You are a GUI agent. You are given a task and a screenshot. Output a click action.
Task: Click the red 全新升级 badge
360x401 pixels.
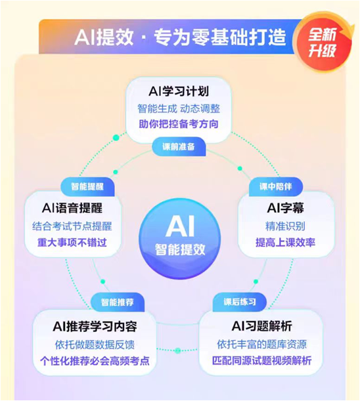[323, 43]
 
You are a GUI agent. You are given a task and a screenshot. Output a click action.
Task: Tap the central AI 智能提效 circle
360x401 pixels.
[180, 238]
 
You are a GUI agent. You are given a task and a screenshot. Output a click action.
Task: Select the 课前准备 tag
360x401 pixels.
[179, 146]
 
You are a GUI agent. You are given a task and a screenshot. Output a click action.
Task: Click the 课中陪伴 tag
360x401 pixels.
[276, 186]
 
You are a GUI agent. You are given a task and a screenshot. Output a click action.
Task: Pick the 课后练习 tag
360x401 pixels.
[239, 302]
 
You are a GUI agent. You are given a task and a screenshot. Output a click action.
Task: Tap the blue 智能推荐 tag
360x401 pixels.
[118, 303]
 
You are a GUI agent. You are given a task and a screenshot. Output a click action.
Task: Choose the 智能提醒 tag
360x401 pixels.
[87, 186]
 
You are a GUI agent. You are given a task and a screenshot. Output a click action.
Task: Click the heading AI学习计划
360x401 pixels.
[179, 91]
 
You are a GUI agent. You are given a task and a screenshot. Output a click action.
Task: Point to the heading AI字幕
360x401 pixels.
[286, 207]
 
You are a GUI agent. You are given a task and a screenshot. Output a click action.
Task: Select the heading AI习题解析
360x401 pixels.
[261, 326]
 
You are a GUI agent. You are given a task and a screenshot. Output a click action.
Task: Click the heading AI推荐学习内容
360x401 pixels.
[95, 326]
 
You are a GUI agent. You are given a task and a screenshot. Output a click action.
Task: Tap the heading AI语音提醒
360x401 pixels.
[72, 208]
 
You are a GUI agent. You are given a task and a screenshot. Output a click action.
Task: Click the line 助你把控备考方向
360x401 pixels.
[179, 124]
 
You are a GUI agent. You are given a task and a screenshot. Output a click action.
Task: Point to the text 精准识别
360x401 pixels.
[285, 226]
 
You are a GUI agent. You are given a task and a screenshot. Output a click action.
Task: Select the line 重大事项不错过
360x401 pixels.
[72, 242]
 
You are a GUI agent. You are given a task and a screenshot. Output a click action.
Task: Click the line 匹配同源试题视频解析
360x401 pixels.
[261, 360]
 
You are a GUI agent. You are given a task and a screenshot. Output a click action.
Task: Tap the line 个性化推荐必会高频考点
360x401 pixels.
[95, 361]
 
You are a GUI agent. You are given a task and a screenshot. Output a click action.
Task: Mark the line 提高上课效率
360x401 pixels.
[285, 242]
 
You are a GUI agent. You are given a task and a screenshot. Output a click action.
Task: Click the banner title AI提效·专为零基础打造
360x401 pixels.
[180, 37]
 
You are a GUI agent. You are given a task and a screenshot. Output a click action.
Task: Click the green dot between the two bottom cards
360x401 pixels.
[177, 350]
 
